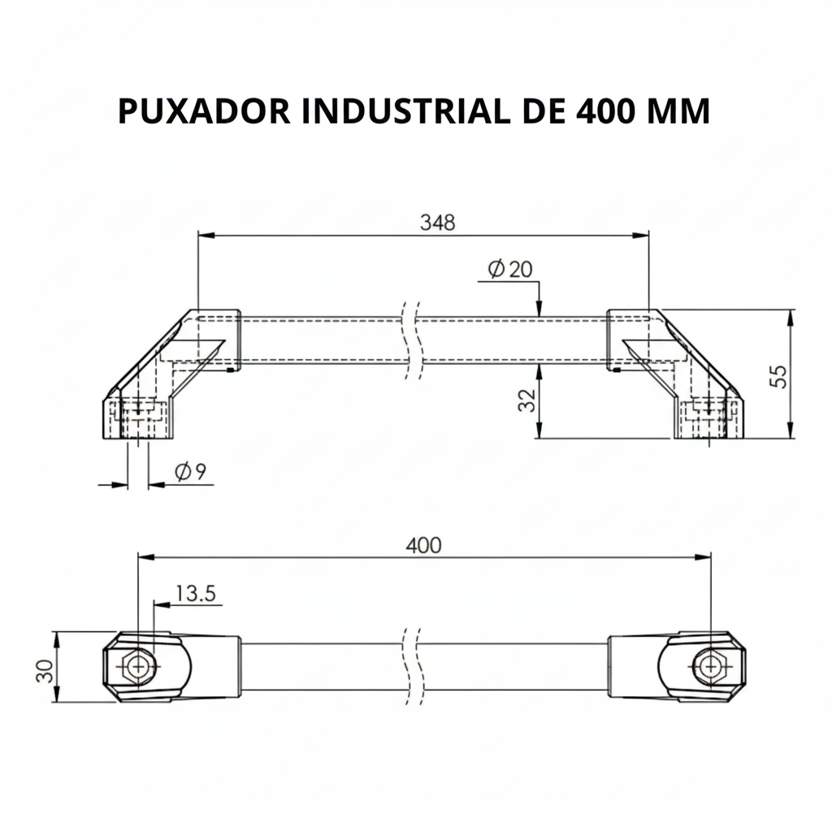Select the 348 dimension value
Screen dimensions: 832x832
437,222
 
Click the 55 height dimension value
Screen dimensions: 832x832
778,375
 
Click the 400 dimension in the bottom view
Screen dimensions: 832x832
423,545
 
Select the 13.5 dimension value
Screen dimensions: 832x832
195,594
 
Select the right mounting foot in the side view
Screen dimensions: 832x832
708,419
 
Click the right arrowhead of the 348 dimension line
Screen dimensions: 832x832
642,236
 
